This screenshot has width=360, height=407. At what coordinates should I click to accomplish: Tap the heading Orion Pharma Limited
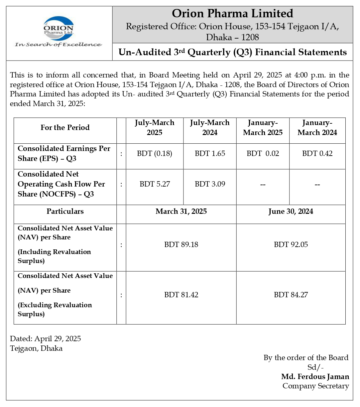(x=232, y=14)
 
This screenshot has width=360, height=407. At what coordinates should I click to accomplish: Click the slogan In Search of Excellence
(x=59, y=45)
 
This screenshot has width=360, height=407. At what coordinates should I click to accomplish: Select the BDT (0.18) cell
(x=155, y=154)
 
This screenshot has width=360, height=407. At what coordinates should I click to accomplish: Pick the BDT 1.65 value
(x=210, y=154)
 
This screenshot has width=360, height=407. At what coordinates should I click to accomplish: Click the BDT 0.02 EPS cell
(x=263, y=154)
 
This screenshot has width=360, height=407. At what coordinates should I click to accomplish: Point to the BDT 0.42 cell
(x=317, y=154)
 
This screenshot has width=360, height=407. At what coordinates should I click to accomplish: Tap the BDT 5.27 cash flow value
(x=155, y=184)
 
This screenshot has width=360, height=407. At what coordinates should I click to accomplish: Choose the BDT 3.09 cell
(x=210, y=184)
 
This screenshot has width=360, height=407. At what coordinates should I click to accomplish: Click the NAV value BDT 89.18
(x=181, y=245)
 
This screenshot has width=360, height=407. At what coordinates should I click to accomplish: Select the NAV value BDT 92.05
(x=291, y=245)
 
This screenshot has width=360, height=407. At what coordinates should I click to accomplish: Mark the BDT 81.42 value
(x=181, y=295)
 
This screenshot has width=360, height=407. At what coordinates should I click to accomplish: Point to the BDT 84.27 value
(x=291, y=295)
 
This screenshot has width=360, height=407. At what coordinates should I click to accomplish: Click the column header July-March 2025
(x=155, y=128)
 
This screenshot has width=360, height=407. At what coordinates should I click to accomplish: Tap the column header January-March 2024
(x=317, y=128)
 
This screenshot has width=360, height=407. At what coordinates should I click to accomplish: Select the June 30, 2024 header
(x=291, y=212)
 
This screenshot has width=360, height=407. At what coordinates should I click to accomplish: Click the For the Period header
(x=65, y=128)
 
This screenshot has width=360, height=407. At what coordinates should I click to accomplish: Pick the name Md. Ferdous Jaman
(x=315, y=377)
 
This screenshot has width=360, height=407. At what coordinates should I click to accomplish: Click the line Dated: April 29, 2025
(x=46, y=339)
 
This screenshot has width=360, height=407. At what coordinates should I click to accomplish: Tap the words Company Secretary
(x=315, y=386)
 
